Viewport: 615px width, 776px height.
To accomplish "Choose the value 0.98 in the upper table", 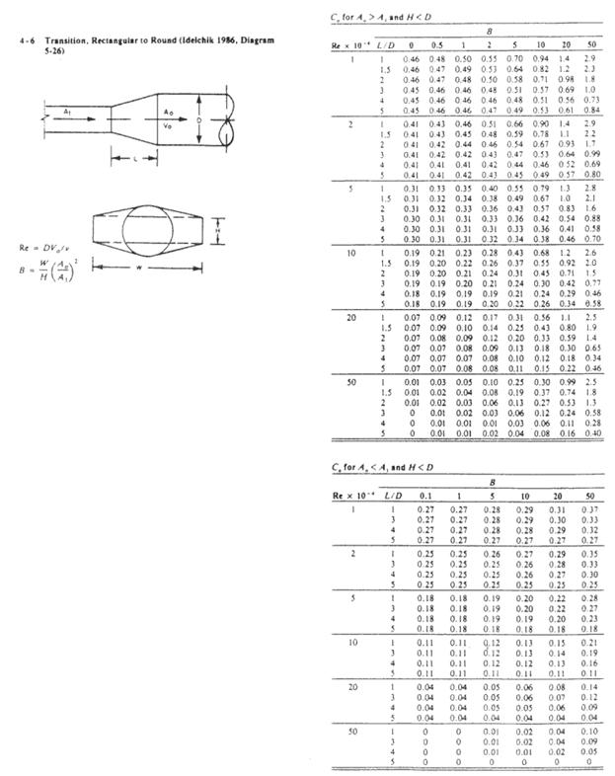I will (x=568, y=78).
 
